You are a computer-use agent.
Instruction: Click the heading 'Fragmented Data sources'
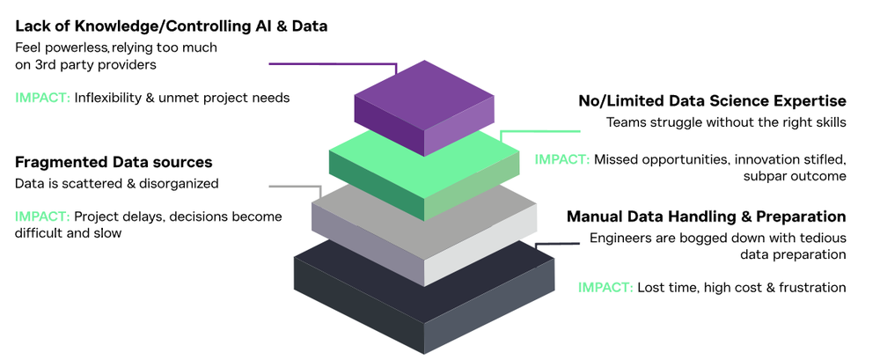(114, 163)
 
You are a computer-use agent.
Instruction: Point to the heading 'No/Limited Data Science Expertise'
(712, 101)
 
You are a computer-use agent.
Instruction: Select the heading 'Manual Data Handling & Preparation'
(706, 217)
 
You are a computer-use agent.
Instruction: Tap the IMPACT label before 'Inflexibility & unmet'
(42, 98)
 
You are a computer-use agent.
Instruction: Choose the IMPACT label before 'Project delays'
(42, 216)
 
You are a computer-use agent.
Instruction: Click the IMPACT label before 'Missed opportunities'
(562, 159)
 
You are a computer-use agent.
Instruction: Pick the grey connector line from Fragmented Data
(295, 187)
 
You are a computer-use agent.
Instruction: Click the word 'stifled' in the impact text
(822, 159)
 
